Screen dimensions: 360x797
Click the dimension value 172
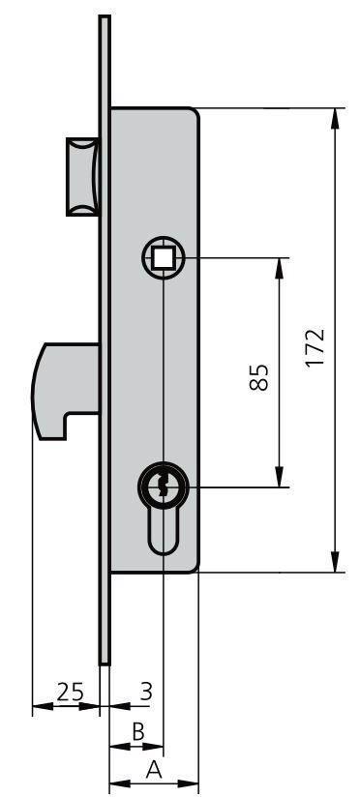pyautogui.click(x=315, y=348)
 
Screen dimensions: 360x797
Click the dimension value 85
pyautogui.click(x=258, y=377)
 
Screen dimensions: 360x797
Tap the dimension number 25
pyautogui.click(x=71, y=692)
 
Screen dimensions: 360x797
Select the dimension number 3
pyautogui.click(x=146, y=692)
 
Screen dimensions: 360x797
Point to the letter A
pyautogui.click(x=154, y=770)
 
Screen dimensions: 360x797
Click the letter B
pyautogui.click(x=138, y=732)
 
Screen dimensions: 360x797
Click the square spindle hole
pyautogui.click(x=163, y=257)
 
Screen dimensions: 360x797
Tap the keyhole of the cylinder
pyautogui.click(x=163, y=487)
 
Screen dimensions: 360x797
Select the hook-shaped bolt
pyautogui.click(x=65, y=389)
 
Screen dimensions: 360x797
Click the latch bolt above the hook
pyautogui.click(x=82, y=176)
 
